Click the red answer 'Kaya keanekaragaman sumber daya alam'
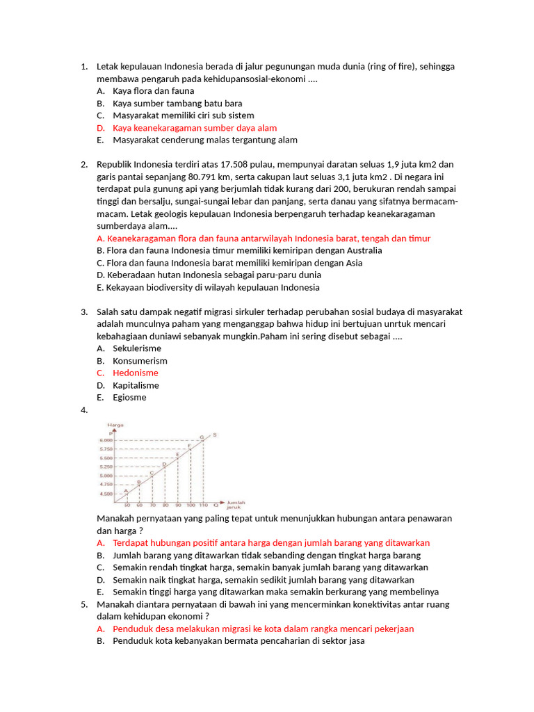pos(194,128)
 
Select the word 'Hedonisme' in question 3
pos(135,373)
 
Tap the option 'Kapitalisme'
pos(136,385)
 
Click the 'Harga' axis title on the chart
pos(116,425)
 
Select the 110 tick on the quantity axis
pos(203,505)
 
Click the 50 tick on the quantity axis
pos(127,505)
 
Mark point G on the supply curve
pos(202,437)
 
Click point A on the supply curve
pos(126,491)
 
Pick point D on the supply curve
pos(164,464)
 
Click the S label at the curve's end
pos(214,435)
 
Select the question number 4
pos(83,410)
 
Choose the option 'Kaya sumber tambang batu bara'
pos(177,104)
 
